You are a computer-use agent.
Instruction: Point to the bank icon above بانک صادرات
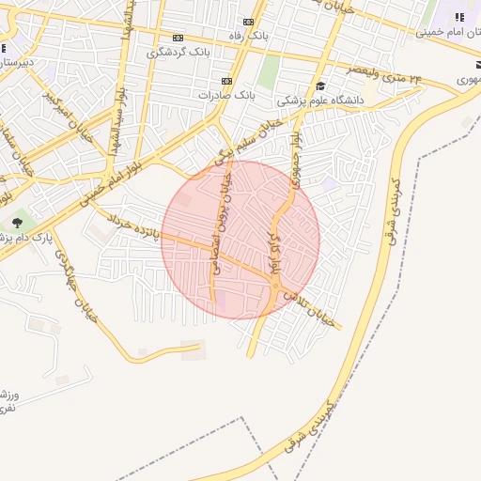point(226,81)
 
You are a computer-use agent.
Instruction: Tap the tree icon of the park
point(17,224)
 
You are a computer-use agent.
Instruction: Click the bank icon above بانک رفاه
point(248,23)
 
